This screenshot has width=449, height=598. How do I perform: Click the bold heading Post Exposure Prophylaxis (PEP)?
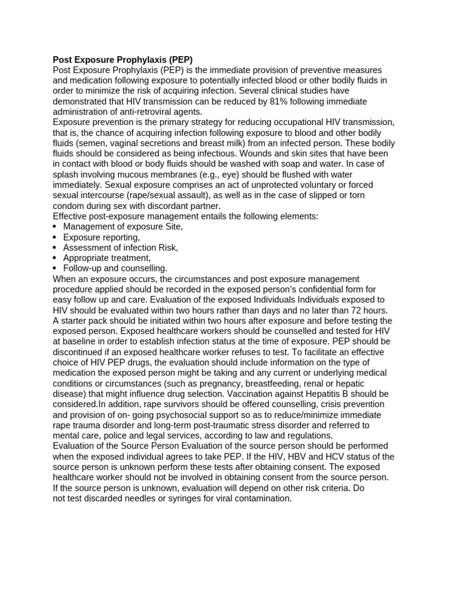pos(122,60)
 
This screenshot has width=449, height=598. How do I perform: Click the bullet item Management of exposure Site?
pos(123,227)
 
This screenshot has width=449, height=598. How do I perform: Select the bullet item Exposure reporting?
pos(101,237)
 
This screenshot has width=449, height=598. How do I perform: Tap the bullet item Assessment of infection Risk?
pos(120,248)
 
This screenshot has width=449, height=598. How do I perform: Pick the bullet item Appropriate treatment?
pos(106,258)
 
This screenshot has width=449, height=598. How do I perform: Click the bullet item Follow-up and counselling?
pos(115,268)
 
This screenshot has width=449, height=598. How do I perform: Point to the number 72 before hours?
pos(354,310)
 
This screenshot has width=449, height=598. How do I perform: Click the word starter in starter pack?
pos(75,321)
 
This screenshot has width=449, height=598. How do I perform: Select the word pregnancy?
pos(213,383)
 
